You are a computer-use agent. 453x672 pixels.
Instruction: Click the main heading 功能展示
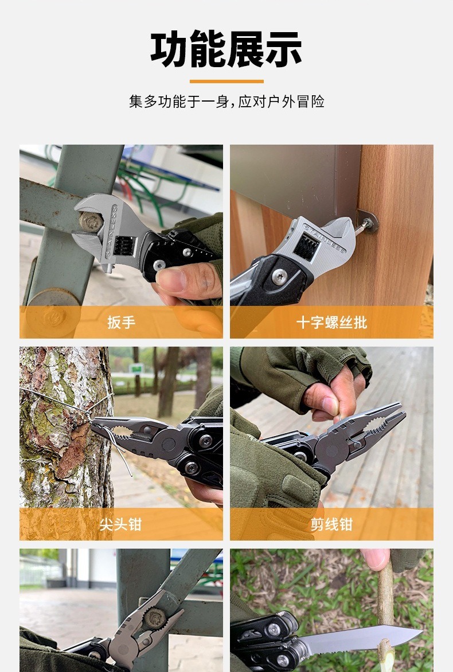(x=226, y=49)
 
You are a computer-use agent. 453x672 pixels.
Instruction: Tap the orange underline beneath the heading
(x=226, y=81)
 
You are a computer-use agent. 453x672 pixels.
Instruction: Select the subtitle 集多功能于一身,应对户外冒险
(x=226, y=102)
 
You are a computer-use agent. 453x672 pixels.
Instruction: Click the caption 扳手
(x=121, y=322)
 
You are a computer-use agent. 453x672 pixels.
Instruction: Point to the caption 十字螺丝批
(x=331, y=322)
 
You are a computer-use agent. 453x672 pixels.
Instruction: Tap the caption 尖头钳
(x=121, y=524)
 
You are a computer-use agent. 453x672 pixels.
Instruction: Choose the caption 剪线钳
(x=331, y=524)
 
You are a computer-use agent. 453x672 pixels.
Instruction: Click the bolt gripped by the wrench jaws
(x=90, y=221)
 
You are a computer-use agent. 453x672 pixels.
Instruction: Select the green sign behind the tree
(x=136, y=368)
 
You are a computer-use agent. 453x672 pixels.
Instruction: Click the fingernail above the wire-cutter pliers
(x=330, y=405)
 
